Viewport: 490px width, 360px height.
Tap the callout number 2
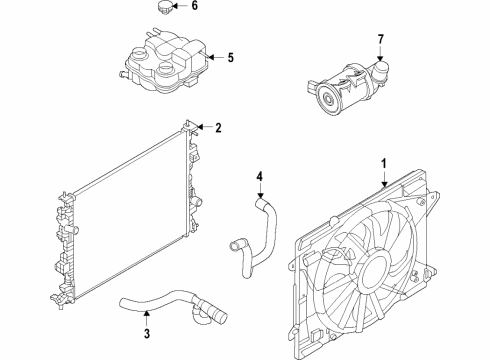click(x=216, y=127)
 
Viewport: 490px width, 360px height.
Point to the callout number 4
click(x=258, y=179)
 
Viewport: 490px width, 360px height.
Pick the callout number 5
click(x=230, y=58)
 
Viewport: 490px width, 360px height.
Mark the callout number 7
click(x=380, y=39)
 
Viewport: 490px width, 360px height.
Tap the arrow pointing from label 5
click(x=212, y=58)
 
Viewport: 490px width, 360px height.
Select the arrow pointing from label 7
click(x=380, y=55)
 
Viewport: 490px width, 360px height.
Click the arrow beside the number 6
click(x=181, y=7)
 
